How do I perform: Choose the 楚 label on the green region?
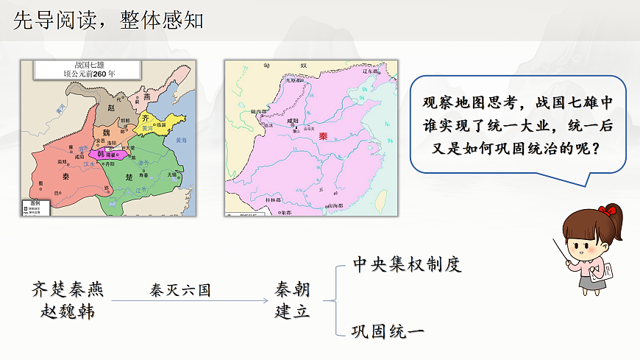(130, 177)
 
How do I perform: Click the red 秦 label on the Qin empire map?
(322, 135)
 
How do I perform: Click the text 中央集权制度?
(407, 264)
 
